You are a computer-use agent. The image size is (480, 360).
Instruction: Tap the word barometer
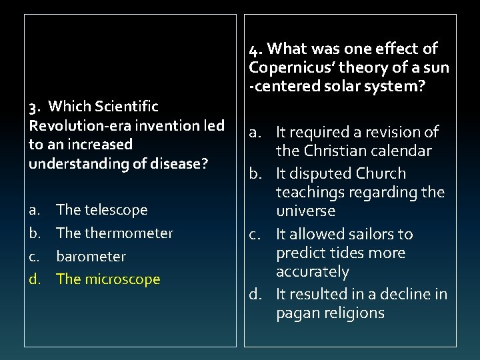(x=91, y=257)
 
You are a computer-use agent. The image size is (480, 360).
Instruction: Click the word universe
(x=306, y=211)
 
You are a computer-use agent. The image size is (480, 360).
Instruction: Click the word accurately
(x=313, y=272)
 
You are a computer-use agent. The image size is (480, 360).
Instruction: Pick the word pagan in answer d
(x=296, y=313)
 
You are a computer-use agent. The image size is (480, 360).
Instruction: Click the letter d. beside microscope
(x=35, y=279)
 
